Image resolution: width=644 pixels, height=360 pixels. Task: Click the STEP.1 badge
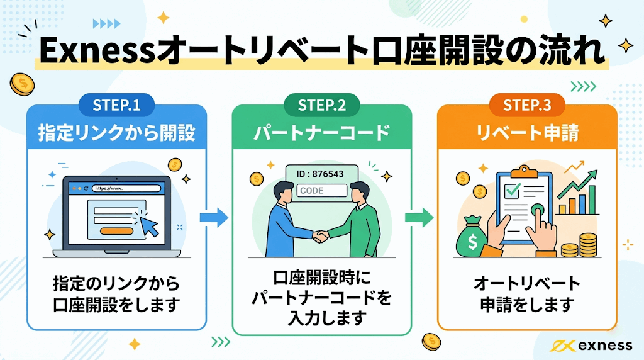[x=116, y=105]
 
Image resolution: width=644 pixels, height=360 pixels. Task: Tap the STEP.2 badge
[x=322, y=105]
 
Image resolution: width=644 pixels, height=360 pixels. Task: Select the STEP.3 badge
[x=527, y=105]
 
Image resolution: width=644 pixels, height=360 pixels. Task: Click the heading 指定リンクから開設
[x=116, y=133]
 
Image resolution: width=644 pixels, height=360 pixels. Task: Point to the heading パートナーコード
[x=322, y=133]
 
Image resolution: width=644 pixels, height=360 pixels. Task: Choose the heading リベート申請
[x=527, y=133]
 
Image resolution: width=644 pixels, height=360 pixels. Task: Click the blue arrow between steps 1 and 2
[x=214, y=218]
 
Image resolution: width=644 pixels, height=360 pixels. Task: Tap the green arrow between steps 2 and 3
[x=419, y=218]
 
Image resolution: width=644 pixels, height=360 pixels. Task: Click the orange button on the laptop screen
[x=116, y=231]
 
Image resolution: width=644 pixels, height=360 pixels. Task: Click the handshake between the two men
[x=321, y=236]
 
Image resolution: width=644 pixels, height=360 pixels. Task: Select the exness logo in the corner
[x=591, y=345]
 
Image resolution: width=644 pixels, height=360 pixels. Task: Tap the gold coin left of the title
[x=21, y=84]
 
